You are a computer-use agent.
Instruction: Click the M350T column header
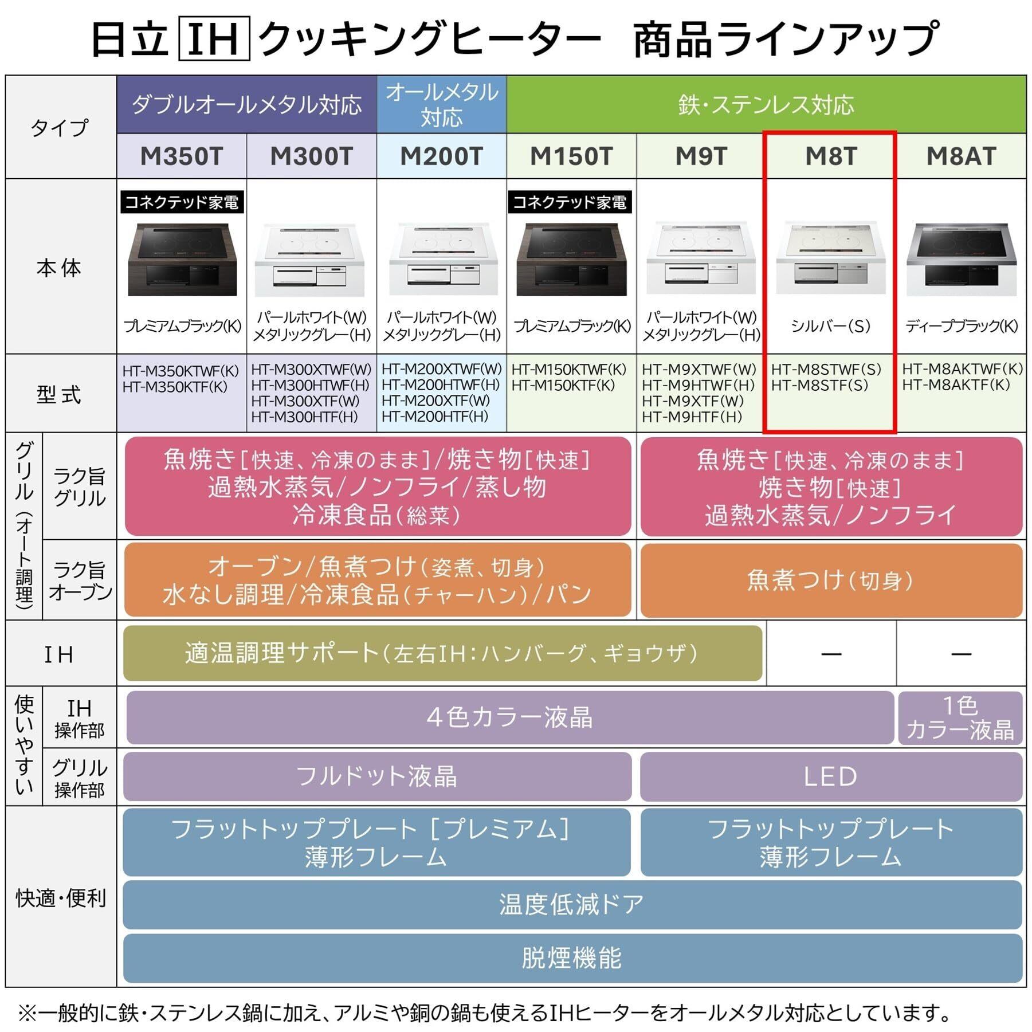[182, 156]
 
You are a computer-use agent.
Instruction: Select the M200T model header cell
[441, 156]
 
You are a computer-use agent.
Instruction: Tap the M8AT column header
[961, 156]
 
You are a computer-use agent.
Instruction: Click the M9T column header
[701, 156]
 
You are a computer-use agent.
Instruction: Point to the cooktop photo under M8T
[830, 258]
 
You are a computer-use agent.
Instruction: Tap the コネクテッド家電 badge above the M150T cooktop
[570, 202]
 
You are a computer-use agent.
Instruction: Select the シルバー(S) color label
[830, 326]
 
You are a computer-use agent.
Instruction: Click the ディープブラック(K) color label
[961, 326]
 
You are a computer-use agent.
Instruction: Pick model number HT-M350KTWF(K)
[180, 371]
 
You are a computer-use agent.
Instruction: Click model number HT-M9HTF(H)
[692, 417]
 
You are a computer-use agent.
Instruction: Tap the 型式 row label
[60, 394]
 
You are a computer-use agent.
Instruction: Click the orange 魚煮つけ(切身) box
[830, 580]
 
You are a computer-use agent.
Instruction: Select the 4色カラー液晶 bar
[509, 717]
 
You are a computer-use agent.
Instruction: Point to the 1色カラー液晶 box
[960, 717]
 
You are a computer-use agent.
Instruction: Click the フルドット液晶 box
[376, 776]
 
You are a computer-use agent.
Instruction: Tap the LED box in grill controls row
[830, 776]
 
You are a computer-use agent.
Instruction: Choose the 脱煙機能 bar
[571, 958]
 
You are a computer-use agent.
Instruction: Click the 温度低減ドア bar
[571, 904]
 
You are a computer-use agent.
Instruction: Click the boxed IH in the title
[214, 39]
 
